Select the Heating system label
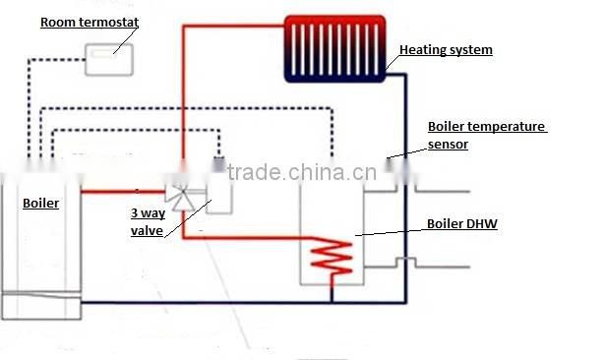point(445,49)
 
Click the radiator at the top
point(335,47)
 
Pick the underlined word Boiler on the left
point(40,204)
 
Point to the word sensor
point(448,144)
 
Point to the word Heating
point(421,49)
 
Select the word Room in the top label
point(54,21)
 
